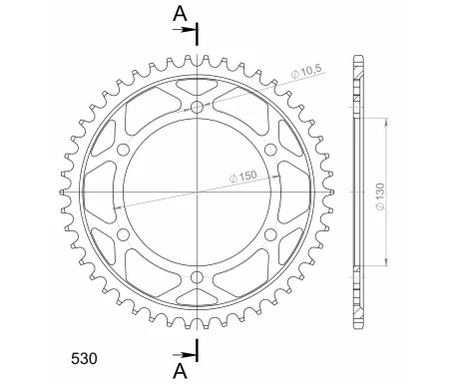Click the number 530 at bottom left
coord(84,355)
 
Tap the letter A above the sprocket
coord(179,13)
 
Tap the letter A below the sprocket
coord(179,371)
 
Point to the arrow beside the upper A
coord(186,31)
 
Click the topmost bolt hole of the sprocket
coord(198,106)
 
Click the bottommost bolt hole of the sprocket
coord(198,276)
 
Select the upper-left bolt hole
coord(124,149)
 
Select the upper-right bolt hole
coord(271,149)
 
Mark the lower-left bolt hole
coord(124,233)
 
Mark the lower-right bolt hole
coord(271,233)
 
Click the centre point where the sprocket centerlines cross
coord(198,192)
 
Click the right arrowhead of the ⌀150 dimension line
coord(280,173)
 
